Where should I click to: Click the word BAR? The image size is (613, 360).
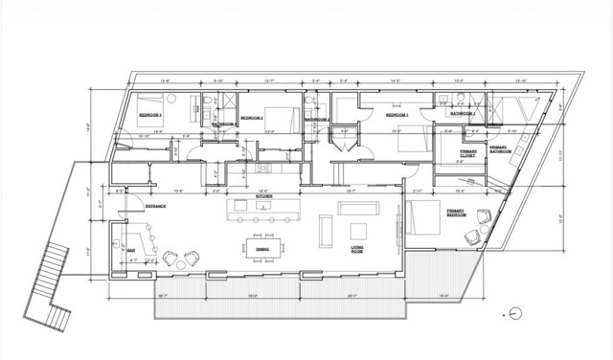coord(131,250)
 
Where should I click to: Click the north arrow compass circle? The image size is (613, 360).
coord(515,313)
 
